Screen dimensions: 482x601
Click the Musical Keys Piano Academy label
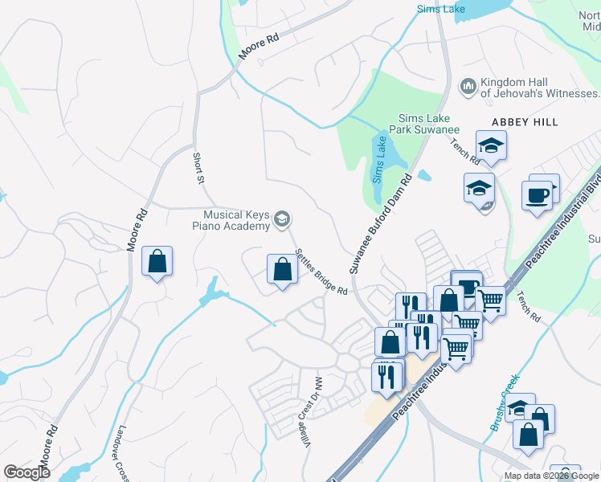pos(236,220)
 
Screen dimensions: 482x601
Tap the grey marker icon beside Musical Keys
pos(282,218)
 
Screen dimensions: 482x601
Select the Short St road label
pos(198,169)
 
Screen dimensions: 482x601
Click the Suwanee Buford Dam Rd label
pos(381,222)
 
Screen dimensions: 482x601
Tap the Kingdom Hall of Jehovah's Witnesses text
pos(540,88)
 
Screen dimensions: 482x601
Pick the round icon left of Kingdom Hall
pos(468,85)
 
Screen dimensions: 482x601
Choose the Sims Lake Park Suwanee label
pos(424,124)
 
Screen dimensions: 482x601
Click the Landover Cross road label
pos(123,454)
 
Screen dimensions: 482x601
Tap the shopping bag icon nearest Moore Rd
pos(157,261)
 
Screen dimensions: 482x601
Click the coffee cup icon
pos(537,194)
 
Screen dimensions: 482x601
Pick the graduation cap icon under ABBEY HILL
pos(490,147)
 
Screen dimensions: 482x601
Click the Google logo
pos(27,472)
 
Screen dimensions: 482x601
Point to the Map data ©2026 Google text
pos(551,476)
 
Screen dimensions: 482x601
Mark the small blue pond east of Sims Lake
pos(424,175)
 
